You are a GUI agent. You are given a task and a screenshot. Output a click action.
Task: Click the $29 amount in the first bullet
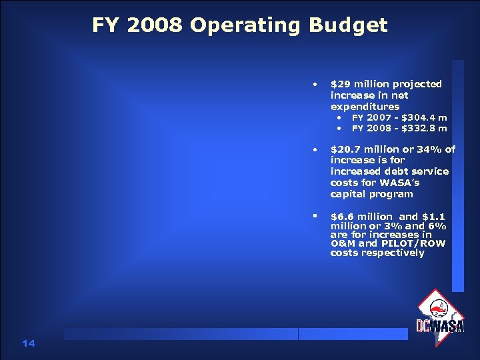(x=341, y=84)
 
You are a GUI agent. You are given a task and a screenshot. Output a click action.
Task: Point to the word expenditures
(x=365, y=107)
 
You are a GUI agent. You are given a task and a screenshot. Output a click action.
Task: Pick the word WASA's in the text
(x=400, y=183)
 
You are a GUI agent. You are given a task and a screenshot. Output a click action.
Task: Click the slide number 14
(x=28, y=343)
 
